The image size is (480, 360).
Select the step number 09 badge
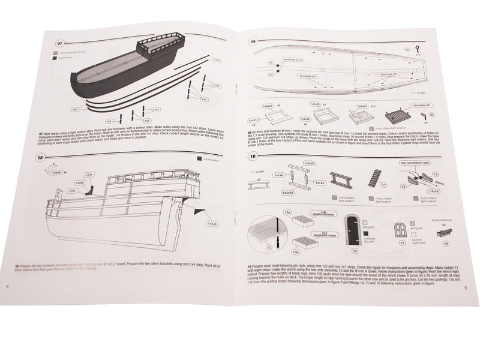[x=253, y=42]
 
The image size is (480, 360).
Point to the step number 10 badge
[x=254, y=157]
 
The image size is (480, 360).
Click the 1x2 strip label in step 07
[x=75, y=110]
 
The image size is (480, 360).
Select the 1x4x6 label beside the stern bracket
[x=212, y=224]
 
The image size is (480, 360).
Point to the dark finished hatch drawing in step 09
[x=396, y=113]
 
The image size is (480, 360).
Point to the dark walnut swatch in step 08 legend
[x=200, y=160]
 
